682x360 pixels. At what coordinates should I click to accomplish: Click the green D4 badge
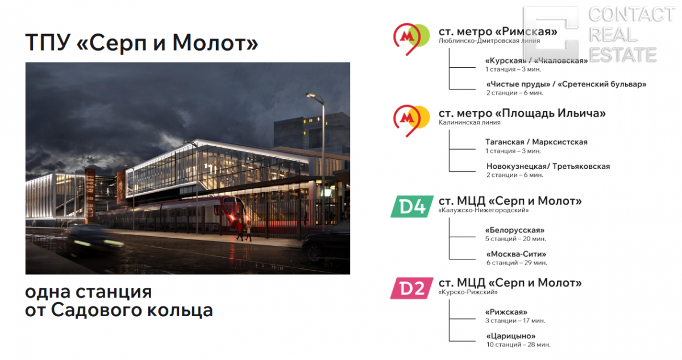[x=412, y=206]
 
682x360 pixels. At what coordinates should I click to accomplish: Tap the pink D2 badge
[x=412, y=288]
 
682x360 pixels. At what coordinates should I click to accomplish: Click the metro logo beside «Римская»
[x=411, y=39]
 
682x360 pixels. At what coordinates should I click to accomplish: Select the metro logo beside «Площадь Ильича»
[x=411, y=121]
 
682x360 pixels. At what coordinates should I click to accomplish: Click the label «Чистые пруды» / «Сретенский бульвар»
[x=566, y=84]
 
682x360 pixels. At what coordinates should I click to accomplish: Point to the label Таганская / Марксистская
[x=536, y=142]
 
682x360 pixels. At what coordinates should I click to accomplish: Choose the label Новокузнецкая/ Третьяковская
[x=548, y=166]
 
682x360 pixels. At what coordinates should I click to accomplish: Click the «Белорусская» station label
[x=514, y=230]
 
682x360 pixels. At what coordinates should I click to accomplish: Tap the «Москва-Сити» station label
[x=516, y=254]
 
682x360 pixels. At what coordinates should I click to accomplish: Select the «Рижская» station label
[x=506, y=312]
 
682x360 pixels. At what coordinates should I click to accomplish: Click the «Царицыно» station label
[x=510, y=336]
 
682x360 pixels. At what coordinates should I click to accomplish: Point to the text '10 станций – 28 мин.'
[x=518, y=345]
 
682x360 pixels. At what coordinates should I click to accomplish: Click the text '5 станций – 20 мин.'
[x=515, y=239]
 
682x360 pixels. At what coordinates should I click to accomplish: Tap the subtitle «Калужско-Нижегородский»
[x=484, y=210]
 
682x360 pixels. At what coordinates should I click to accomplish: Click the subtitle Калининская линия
[x=469, y=122]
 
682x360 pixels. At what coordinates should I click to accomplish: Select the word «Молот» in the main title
[x=215, y=43]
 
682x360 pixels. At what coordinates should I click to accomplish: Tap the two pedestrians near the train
[x=244, y=231]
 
